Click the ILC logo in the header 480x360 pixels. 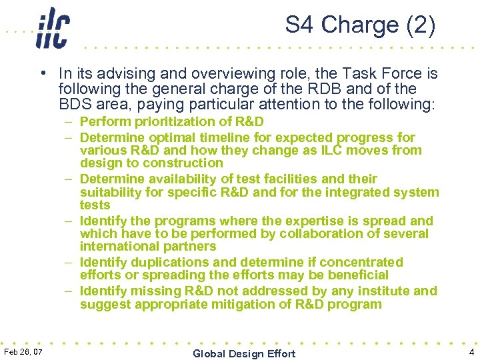(53, 27)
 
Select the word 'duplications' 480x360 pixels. (165, 263)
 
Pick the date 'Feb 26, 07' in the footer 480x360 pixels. (23, 351)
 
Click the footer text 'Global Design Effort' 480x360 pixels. (243, 353)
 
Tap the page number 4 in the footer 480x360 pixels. (471, 351)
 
